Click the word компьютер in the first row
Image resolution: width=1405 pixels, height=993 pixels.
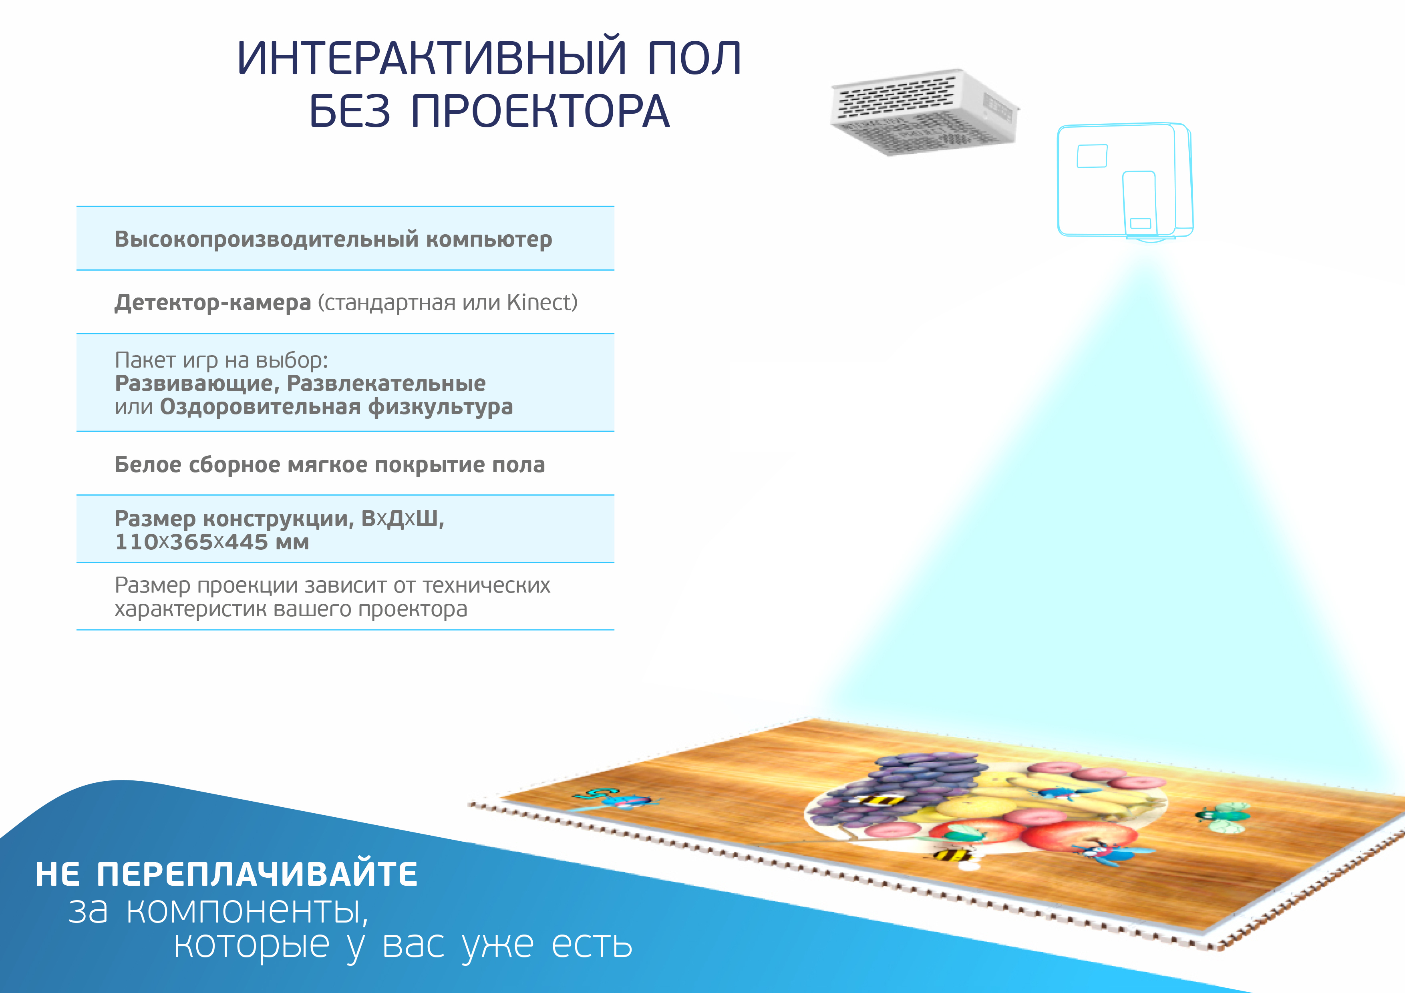[489, 239]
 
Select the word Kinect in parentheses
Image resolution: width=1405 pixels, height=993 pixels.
[539, 302]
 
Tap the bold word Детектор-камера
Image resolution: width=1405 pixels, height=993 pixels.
[212, 303]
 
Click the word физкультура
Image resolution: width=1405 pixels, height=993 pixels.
[440, 407]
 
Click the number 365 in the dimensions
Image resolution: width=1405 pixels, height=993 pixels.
[191, 542]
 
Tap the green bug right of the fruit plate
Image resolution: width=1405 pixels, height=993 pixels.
[1223, 817]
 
